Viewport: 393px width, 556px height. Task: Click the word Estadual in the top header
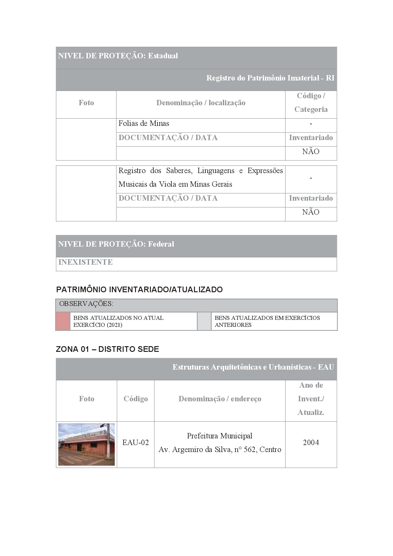click(x=163, y=56)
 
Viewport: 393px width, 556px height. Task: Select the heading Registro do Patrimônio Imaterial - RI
click(x=270, y=78)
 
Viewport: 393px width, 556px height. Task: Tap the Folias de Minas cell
click(x=144, y=123)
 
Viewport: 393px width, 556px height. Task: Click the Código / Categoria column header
click(x=311, y=103)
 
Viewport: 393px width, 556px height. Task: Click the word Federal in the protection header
click(x=161, y=244)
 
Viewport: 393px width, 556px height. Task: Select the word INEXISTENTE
click(x=86, y=262)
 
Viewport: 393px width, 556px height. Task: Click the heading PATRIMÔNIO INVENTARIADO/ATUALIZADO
click(x=139, y=289)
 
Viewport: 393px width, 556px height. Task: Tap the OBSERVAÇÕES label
click(x=86, y=304)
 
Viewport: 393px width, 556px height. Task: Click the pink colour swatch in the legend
click(x=63, y=321)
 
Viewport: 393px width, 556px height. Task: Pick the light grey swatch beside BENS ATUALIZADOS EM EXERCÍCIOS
click(x=204, y=321)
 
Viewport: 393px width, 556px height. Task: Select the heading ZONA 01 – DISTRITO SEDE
click(x=107, y=349)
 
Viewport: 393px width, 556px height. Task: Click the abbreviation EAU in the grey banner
click(x=326, y=367)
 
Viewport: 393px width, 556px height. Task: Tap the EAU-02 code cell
click(x=136, y=443)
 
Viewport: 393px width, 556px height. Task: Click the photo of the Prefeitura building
click(x=87, y=444)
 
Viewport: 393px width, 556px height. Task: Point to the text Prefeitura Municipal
click(x=220, y=436)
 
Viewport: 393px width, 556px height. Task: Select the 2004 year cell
click(x=311, y=443)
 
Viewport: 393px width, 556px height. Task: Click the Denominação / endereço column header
click(x=220, y=399)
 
